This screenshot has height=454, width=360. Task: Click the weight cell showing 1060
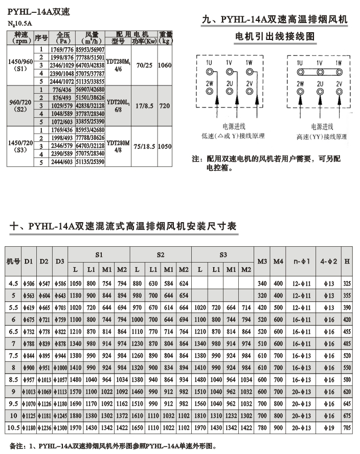pos(165,65)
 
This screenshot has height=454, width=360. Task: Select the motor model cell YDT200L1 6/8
pos(118,106)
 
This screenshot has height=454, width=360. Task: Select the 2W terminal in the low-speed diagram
pos(209,91)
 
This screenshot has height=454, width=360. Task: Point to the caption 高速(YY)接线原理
pos(322,137)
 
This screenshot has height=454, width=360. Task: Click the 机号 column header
pos(13,261)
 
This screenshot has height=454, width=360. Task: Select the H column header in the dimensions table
pos(347,261)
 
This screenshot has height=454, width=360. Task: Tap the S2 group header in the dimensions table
pos(161,254)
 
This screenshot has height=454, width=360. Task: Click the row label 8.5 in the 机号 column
pos(13,380)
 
